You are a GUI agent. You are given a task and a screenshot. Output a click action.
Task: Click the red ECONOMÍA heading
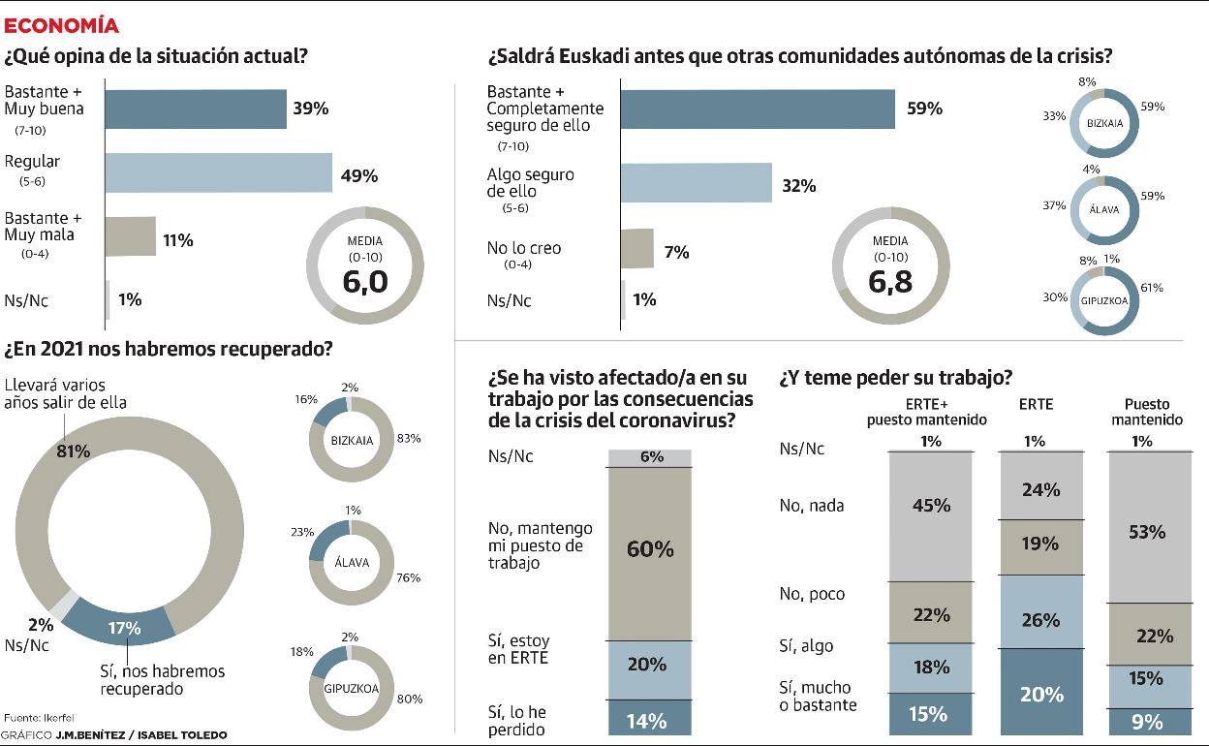pos(62,25)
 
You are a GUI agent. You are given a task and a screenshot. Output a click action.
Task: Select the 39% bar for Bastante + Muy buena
pos(195,109)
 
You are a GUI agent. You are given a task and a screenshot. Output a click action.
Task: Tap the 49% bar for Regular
pos(218,173)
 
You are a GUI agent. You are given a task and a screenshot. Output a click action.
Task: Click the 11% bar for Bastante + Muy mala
pos(130,236)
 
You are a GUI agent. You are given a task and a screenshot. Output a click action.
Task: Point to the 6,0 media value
pos(365,281)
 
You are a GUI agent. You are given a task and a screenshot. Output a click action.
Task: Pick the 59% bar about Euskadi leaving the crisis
pos(757,109)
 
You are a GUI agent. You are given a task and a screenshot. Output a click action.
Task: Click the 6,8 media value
pos(890,282)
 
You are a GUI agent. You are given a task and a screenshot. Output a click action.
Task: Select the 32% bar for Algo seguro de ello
pos(695,182)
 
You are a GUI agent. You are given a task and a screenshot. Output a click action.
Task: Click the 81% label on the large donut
pos(74,451)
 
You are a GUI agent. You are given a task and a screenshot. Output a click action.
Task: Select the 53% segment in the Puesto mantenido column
pos(1147,531)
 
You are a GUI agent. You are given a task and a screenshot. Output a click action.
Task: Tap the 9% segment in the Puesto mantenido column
pos(1147,720)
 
